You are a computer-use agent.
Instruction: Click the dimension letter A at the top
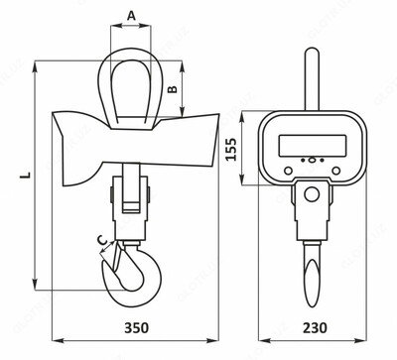(x=132, y=15)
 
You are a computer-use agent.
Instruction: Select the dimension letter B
(x=173, y=89)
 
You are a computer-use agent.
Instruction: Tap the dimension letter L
(x=25, y=175)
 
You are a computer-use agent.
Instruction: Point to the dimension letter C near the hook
(x=104, y=240)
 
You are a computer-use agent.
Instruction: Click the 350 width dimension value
(x=136, y=327)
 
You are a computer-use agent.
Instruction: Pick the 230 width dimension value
(x=315, y=327)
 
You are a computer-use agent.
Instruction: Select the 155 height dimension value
(x=231, y=149)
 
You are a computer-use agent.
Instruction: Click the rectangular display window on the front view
(x=313, y=146)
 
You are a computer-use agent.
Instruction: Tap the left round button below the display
(x=288, y=171)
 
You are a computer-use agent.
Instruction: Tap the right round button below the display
(x=336, y=171)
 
